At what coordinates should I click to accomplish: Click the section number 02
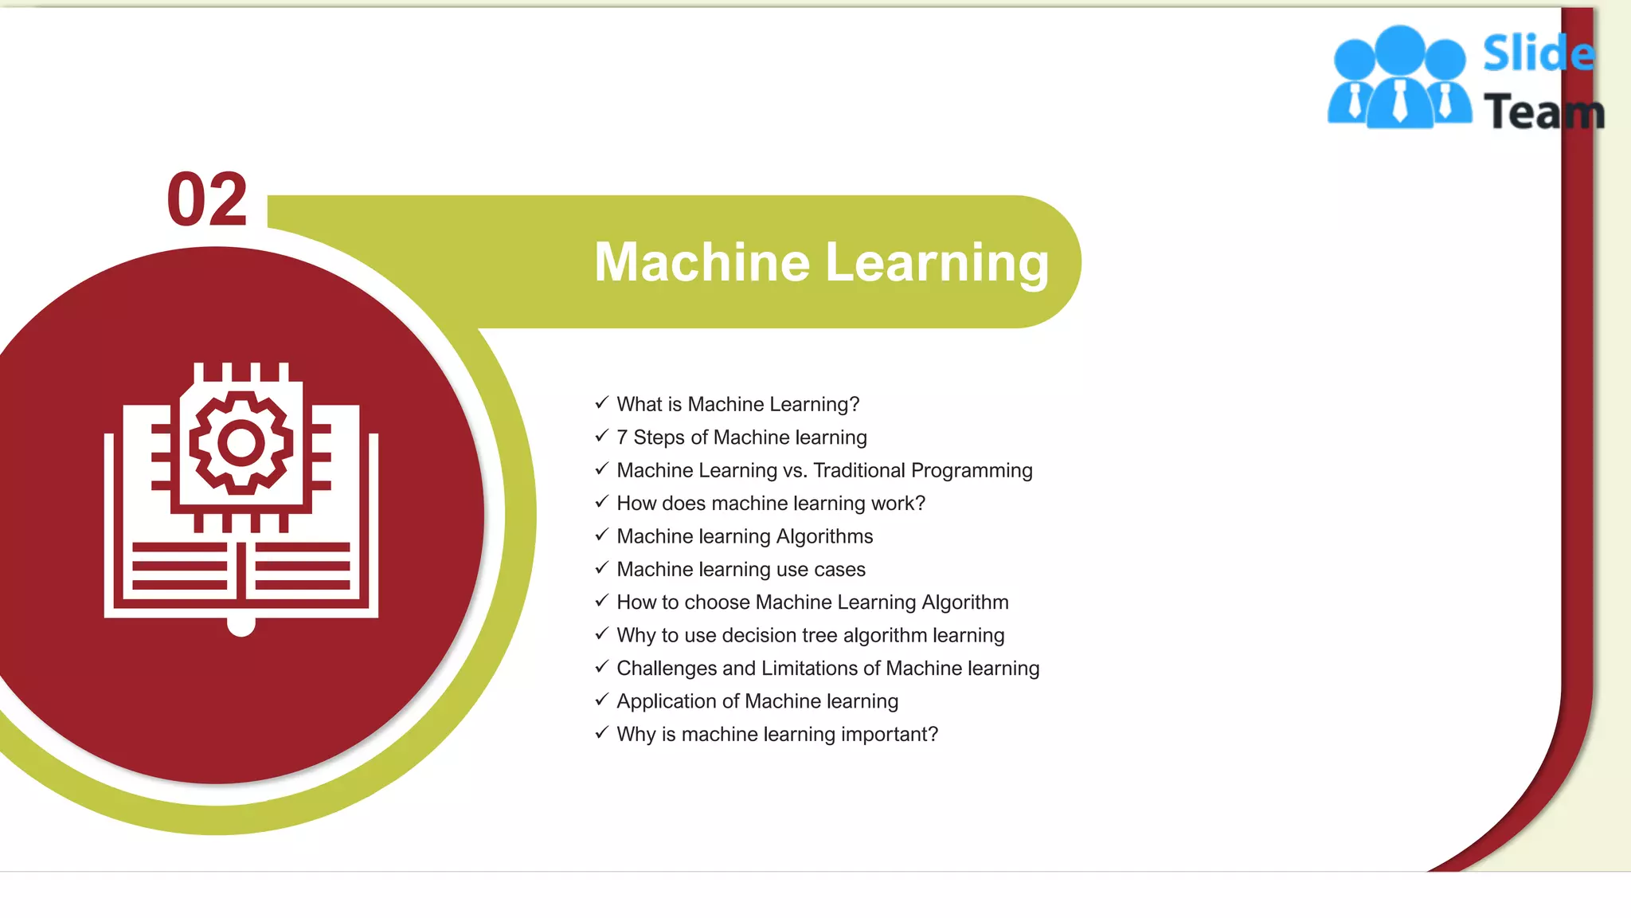[x=207, y=199]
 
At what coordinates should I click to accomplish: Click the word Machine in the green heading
[x=702, y=262]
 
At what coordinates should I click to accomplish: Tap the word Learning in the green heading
[x=937, y=262]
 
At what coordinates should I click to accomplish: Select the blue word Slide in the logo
[x=1538, y=54]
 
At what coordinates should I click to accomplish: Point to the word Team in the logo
[x=1543, y=112]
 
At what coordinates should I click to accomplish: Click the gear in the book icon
[x=241, y=443]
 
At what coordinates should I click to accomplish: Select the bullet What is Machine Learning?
[x=737, y=404]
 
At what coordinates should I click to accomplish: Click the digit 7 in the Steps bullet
[x=622, y=437]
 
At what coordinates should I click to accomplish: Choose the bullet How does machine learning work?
[x=770, y=504]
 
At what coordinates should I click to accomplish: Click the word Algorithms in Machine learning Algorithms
[x=824, y=536]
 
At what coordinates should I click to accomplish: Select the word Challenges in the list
[x=667, y=668]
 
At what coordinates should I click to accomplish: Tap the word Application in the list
[x=666, y=701]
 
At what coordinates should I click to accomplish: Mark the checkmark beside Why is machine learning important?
[x=602, y=732]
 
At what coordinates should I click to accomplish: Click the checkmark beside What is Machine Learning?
[x=602, y=402]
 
